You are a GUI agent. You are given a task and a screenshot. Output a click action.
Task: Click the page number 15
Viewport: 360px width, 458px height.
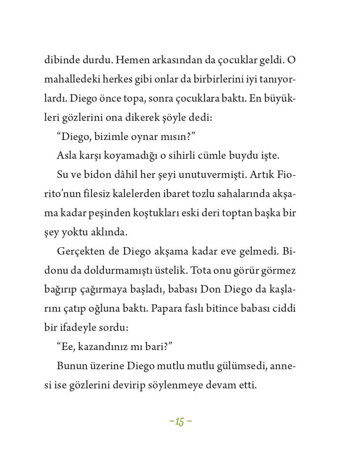click(x=180, y=422)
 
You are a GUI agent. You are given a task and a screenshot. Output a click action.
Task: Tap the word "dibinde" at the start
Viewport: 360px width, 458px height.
click(x=59, y=60)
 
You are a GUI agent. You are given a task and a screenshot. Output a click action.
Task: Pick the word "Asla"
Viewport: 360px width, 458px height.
click(x=66, y=156)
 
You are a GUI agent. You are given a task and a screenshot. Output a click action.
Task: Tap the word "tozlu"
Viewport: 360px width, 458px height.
click(x=219, y=194)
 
